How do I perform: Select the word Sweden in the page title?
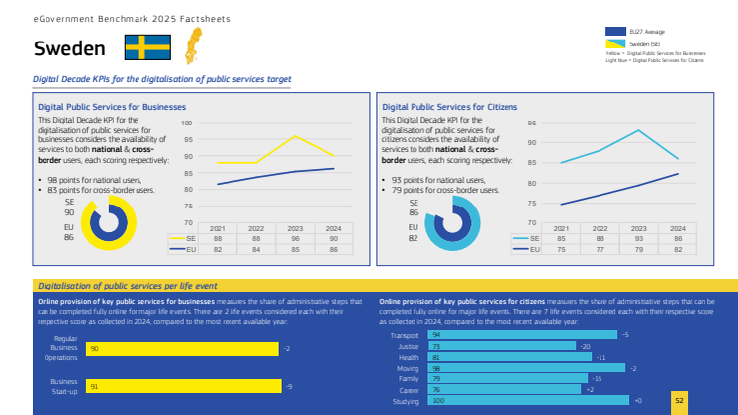[69, 48]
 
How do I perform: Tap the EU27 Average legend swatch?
[615, 33]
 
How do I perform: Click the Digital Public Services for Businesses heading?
[112, 106]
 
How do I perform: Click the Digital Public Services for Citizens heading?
[450, 106]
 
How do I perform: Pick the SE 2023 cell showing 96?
[295, 238]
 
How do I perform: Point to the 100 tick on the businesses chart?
[188, 124]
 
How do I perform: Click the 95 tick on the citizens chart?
[531, 124]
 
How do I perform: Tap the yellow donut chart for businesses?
[106, 221]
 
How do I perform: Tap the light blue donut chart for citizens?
[451, 221]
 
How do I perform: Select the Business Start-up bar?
[184, 386]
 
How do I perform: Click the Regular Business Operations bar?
[183, 349]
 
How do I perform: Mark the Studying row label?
[406, 401]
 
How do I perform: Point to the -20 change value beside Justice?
[585, 346]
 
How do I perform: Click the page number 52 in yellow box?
[679, 400]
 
